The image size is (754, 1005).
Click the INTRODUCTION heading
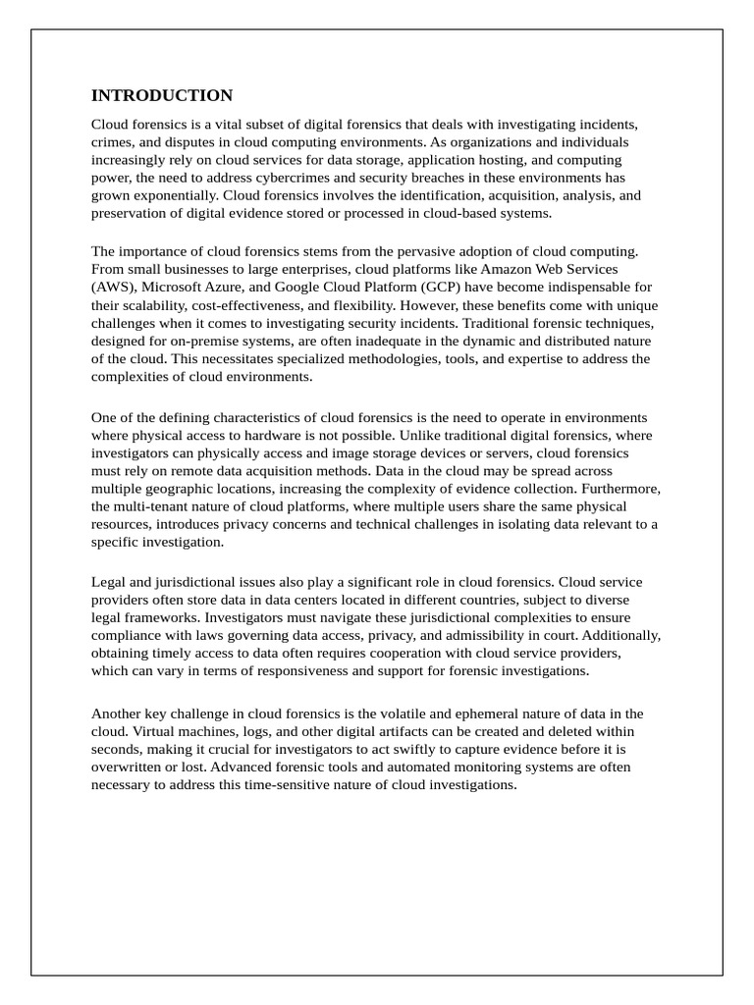pyautogui.click(x=162, y=96)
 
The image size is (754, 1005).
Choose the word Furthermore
pyautogui.click(x=620, y=488)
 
